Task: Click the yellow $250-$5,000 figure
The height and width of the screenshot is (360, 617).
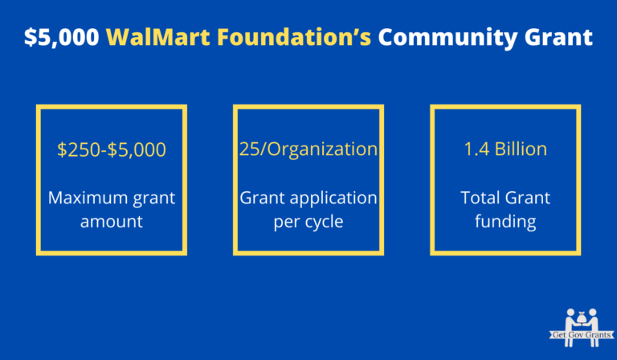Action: point(112,149)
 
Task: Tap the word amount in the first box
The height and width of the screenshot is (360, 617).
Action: point(112,222)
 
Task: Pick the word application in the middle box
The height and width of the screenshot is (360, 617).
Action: point(330,197)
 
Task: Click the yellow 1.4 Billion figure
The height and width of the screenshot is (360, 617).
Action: point(505,149)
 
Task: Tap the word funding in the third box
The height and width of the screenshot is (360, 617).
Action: point(505,222)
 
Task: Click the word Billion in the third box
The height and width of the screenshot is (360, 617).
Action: point(520,149)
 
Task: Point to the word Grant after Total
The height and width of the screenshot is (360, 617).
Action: point(528,197)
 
